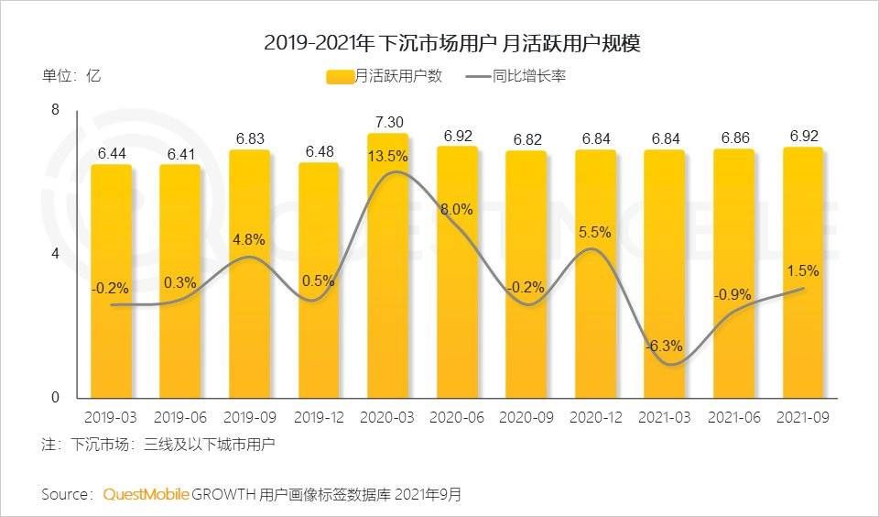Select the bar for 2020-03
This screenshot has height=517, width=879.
tap(387, 266)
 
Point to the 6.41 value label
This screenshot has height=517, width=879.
tap(179, 153)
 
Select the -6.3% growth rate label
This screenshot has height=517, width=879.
tap(663, 346)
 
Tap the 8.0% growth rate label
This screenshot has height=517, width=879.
tap(457, 209)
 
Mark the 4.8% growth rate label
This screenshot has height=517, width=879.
tap(249, 240)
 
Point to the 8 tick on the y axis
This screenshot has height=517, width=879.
tap(55, 110)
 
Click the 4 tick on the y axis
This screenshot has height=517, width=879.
tap(55, 254)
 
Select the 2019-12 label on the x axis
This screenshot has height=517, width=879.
tap(318, 417)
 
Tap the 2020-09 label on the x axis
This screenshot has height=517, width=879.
tap(526, 417)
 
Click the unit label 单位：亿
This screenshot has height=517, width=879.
tap(71, 76)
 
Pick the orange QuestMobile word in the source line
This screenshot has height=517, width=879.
tap(146, 494)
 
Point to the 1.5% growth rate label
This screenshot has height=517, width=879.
tap(802, 271)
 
